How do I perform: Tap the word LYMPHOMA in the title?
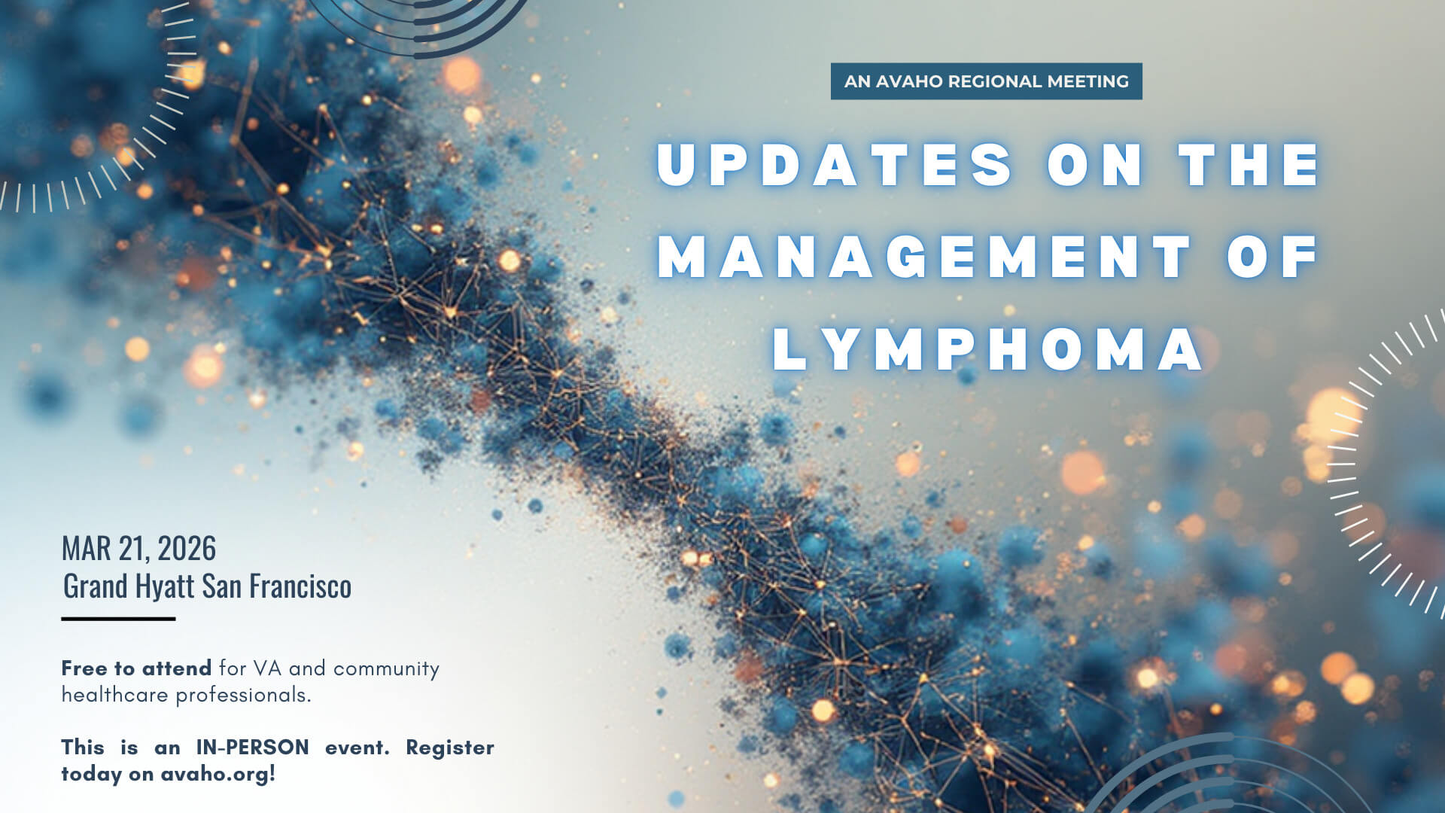coord(987,349)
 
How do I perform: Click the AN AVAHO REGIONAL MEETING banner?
coord(986,81)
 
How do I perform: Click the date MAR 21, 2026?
coord(138,549)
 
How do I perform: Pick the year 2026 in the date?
coord(187,549)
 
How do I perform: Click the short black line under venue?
coord(118,619)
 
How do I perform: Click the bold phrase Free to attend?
coord(136,668)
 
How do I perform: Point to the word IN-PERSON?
coord(252,748)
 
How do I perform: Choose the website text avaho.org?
coord(218,774)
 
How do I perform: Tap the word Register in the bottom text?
coord(449,748)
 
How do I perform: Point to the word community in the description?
coord(386,668)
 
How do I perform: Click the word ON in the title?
coord(1095,164)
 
